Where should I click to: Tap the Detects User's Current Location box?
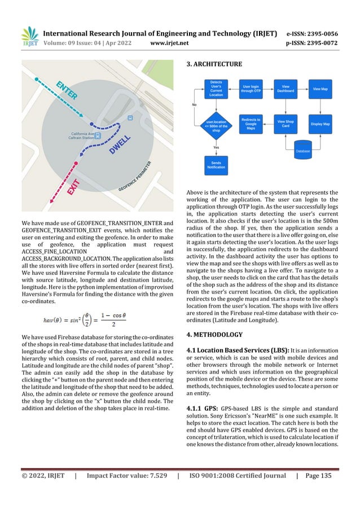tap(216, 89)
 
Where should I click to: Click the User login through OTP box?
tap(251, 89)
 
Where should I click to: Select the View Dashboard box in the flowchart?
tap(286, 89)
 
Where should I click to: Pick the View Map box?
tap(320, 89)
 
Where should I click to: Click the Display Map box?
tap(320, 124)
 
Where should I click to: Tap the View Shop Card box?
tap(286, 124)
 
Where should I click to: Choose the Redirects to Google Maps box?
tap(251, 124)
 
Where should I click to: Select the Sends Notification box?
tap(216, 165)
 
